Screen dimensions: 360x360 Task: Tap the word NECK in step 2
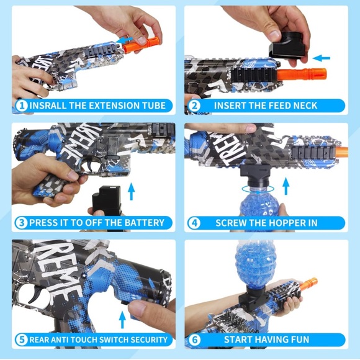[302, 106]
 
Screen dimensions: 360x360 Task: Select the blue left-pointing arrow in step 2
[322, 59]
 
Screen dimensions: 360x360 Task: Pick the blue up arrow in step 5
[122, 319]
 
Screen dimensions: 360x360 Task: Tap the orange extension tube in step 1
[140, 44]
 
